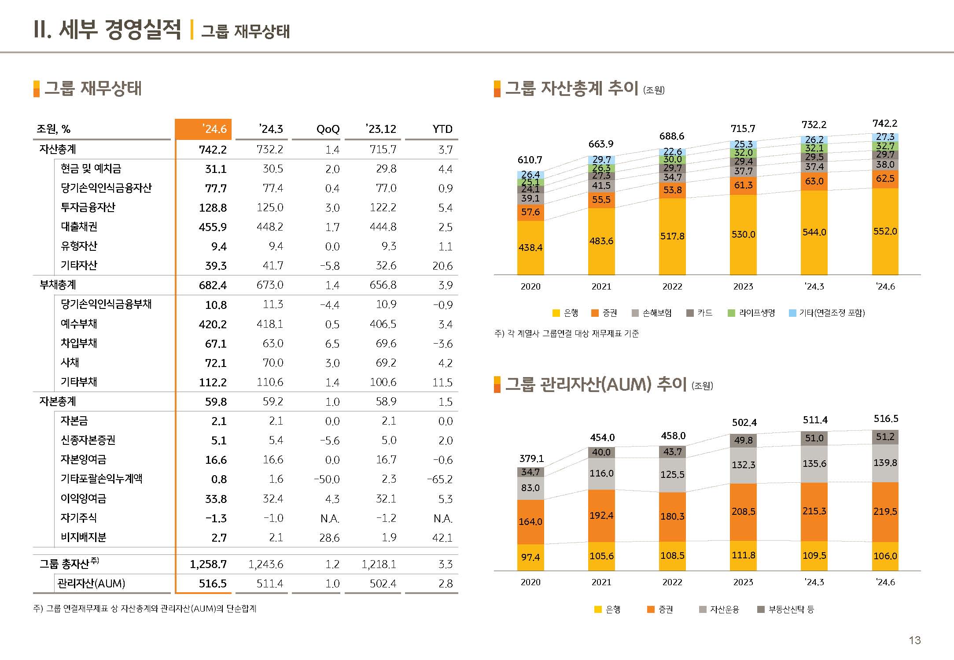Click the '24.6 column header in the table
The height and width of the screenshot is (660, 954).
tap(214, 129)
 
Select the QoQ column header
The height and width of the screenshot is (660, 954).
tap(328, 129)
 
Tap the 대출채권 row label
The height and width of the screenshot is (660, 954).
tap(79, 227)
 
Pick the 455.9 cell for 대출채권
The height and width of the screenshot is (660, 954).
tap(213, 227)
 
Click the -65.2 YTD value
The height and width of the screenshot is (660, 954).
tap(440, 479)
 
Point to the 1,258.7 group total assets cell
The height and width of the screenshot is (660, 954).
tap(208, 564)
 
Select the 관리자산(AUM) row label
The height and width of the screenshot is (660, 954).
tap(91, 583)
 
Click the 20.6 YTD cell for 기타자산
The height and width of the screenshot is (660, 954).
tap(442, 266)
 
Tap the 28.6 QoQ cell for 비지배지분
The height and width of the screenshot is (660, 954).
tap(329, 537)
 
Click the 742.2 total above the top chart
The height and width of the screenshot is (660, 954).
tap(885, 124)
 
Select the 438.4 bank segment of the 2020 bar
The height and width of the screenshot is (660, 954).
tap(530, 247)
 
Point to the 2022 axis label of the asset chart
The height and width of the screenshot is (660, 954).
tap(672, 286)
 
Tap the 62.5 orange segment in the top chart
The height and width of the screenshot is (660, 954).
tap(885, 179)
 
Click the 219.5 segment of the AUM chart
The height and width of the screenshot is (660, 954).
tap(885, 511)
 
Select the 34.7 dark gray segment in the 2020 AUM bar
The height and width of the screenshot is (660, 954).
tap(530, 472)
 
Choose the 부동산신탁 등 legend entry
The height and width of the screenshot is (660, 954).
tap(786, 609)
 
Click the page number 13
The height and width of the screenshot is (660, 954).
tap(915, 640)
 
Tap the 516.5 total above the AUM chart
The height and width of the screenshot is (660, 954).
tap(886, 418)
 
